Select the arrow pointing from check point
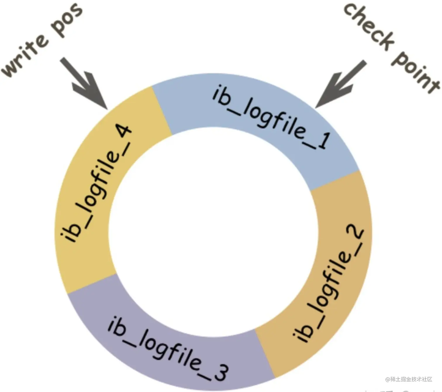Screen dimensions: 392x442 click(341, 85)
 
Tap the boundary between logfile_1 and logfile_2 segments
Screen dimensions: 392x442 click(335, 180)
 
